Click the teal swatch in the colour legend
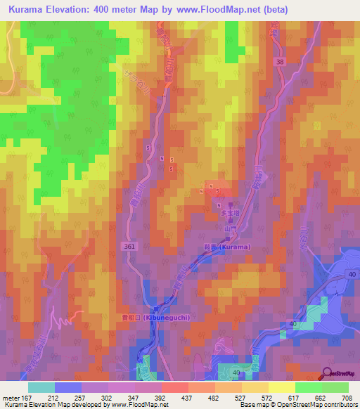coord(41,387)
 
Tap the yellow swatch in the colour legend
coord(282,387)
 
